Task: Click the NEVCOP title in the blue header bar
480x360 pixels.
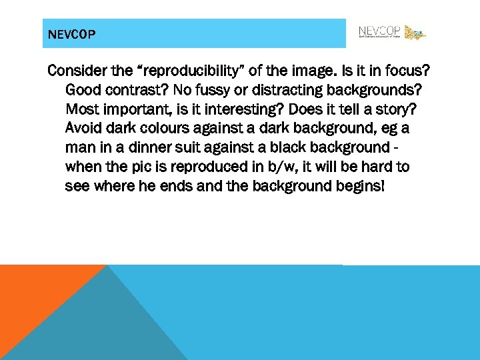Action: (72, 34)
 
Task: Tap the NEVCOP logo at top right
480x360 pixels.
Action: (391, 33)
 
